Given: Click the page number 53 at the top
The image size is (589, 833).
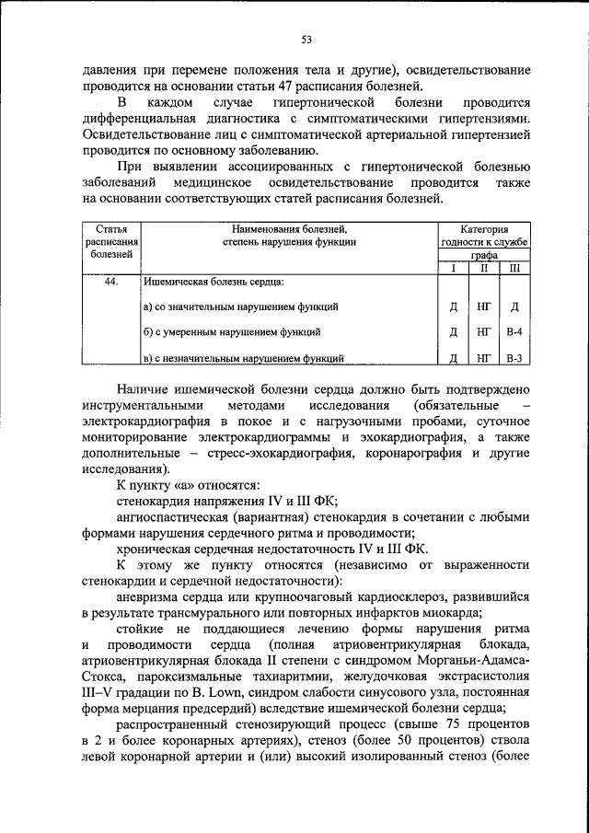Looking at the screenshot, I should click(x=306, y=39).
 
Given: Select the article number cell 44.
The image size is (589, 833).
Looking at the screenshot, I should click(x=110, y=283).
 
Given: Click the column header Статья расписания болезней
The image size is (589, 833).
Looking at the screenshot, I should click(x=110, y=240).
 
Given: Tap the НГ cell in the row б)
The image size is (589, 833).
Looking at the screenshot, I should click(x=483, y=330).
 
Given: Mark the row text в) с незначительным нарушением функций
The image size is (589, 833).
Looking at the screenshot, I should click(x=244, y=358).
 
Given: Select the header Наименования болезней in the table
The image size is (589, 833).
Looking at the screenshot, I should click(x=288, y=227).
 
